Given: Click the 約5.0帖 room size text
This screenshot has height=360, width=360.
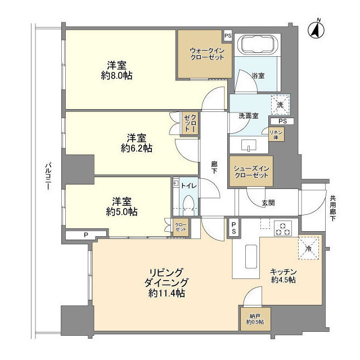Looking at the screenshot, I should coord(121,212).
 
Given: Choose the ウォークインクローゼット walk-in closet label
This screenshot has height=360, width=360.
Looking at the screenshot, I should coord(205,53).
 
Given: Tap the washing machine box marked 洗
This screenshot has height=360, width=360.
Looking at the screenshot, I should coord(280,104).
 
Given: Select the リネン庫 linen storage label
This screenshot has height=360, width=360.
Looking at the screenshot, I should coord(276,134).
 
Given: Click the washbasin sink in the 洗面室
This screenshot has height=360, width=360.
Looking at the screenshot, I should coord(249,146).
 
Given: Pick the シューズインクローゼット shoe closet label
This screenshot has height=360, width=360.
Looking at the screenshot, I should coord(251,171).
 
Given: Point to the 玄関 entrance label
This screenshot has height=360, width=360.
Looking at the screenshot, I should coord(268,201).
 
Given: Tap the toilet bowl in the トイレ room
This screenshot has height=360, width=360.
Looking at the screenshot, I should coord(189,204).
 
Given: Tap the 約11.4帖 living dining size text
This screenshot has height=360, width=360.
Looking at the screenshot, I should coord(168,293).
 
